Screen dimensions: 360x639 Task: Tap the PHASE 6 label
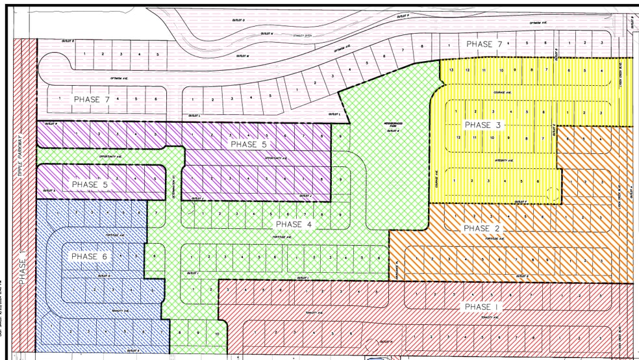point(90,257)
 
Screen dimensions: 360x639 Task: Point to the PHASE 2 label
point(481,228)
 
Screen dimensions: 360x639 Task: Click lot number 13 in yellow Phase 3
point(450,70)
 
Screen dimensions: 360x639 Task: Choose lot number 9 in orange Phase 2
point(548,259)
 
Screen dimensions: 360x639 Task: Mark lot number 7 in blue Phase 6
point(156,213)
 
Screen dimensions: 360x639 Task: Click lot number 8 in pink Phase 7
point(421,46)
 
